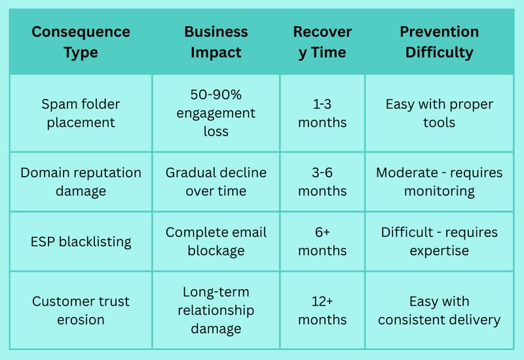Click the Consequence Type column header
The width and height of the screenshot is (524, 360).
coord(81,42)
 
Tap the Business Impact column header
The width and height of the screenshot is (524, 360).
coord(216,42)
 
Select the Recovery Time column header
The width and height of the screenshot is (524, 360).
coord(322,42)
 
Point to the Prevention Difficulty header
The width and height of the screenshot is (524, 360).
coord(439,42)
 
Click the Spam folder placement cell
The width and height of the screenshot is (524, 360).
coord(81,113)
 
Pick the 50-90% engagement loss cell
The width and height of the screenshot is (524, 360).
coord(216,113)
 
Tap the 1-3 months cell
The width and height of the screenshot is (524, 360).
coord(322,113)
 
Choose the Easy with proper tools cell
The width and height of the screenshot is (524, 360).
coord(439,113)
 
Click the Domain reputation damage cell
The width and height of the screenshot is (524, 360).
coord(81,182)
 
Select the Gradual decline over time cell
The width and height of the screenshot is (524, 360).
coord(216,182)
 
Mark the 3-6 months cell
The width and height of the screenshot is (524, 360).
coord(322,182)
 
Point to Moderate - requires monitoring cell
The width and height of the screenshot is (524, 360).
coord(439,182)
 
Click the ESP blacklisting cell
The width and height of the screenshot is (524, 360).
coord(81,242)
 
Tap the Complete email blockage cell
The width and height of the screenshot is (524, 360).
coord(216,242)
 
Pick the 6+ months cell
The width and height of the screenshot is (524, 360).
coord(322,242)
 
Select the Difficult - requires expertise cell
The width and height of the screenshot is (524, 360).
coord(439,242)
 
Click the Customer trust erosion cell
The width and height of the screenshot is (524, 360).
coord(81,310)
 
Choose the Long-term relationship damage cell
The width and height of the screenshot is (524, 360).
coord(216,310)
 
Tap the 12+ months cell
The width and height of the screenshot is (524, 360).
coord(322,310)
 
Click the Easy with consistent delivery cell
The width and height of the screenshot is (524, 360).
coord(439,310)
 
